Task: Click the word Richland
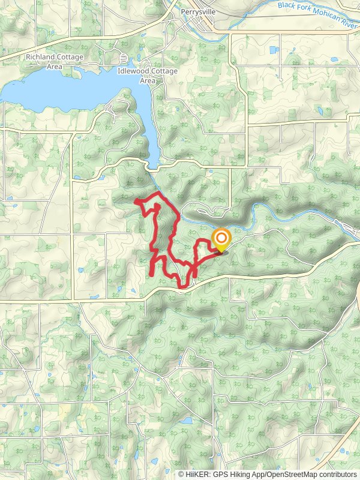tap(39, 58)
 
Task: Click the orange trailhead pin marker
tap(221, 241)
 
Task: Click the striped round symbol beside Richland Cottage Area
tap(124, 58)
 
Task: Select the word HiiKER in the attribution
tap(197, 474)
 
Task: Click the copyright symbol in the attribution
tap(182, 474)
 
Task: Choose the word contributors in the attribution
tap(337, 474)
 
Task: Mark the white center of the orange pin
tap(221, 238)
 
